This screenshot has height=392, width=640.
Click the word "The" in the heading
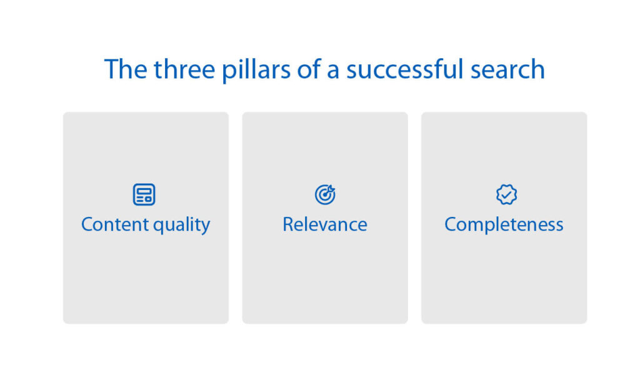(125, 69)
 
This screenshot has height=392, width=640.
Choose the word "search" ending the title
(509, 69)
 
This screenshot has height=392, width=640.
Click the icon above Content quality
(144, 194)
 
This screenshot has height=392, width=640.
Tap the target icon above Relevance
(325, 194)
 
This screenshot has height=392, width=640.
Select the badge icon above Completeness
(506, 194)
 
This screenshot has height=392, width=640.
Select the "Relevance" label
(325, 224)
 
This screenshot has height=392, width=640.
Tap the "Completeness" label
(504, 225)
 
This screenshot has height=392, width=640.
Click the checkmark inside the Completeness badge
(506, 195)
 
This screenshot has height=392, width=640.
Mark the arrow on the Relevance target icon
(331, 189)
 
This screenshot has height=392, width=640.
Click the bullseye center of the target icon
(324, 196)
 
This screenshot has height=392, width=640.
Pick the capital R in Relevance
(288, 224)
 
